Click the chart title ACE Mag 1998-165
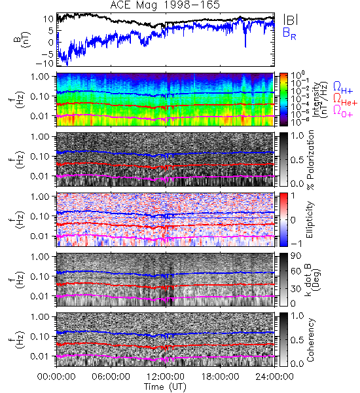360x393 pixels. point(165,5)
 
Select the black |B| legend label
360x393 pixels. point(291,20)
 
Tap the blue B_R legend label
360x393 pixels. point(289,33)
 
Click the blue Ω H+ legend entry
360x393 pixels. point(343,88)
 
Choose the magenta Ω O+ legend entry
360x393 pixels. point(343,111)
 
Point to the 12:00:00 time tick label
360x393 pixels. point(166,377)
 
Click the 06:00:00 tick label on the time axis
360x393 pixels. point(111,377)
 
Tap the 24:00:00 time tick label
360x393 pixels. point(274,377)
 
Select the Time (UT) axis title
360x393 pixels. point(165,387)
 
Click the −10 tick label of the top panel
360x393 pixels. point(45,63)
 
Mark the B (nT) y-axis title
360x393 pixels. point(22,39)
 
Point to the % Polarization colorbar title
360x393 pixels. point(310,160)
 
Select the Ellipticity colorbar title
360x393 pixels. point(310,219)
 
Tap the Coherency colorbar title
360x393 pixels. point(310,340)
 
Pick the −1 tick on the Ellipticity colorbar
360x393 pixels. point(296,244)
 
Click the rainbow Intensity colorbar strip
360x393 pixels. point(283,100)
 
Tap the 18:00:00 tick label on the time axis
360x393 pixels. point(220,377)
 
